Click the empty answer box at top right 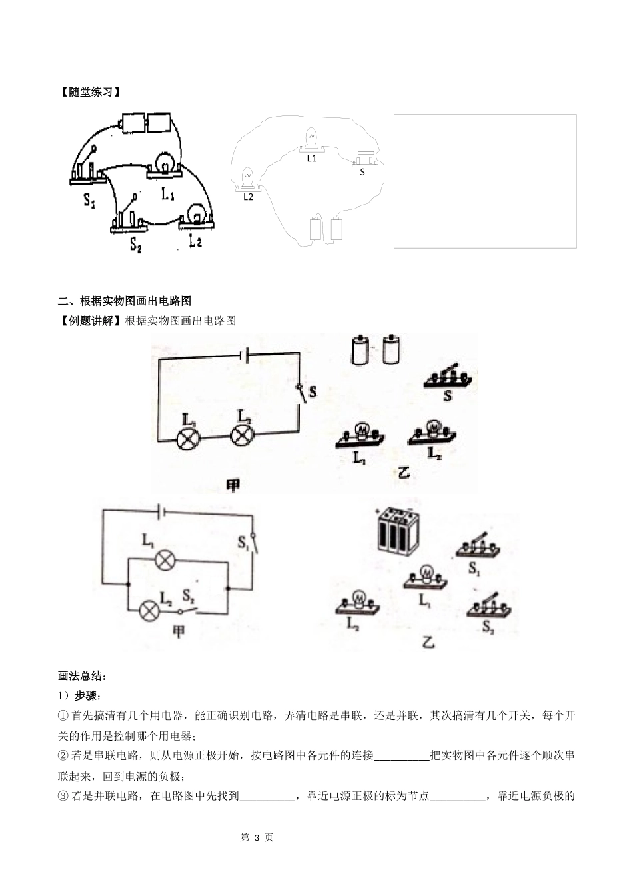[485, 181]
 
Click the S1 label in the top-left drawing [89, 199]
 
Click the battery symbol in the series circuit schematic [244, 355]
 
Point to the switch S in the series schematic [301, 393]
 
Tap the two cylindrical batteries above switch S [375, 350]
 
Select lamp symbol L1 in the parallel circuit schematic [165, 561]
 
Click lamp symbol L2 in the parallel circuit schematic [149, 610]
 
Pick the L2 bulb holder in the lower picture [358, 602]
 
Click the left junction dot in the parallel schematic [128, 585]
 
